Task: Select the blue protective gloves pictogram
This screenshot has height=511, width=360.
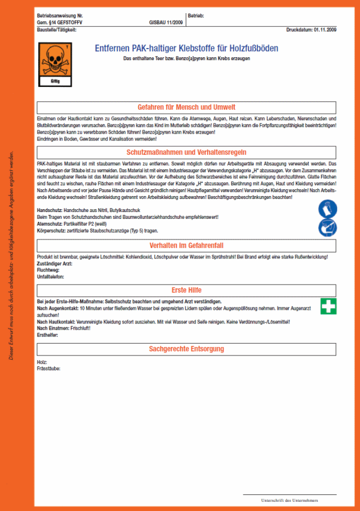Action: point(327,209)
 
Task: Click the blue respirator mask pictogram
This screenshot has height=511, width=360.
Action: point(327,227)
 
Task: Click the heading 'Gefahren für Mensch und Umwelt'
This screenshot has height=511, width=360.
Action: point(187,107)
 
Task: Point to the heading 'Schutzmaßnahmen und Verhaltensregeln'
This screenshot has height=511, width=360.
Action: point(187,153)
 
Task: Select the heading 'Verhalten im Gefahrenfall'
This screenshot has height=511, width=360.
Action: point(187,245)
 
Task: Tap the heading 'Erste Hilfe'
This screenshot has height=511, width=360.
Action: point(187,290)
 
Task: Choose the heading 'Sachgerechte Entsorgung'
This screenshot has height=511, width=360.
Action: point(187,349)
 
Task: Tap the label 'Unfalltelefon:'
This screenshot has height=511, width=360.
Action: point(50,277)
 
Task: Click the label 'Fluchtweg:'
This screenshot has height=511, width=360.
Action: point(47,271)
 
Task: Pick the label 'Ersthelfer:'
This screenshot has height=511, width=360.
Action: point(48,335)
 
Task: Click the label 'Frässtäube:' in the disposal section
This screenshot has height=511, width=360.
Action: point(49,368)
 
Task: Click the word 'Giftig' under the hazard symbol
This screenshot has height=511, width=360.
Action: point(54,82)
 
